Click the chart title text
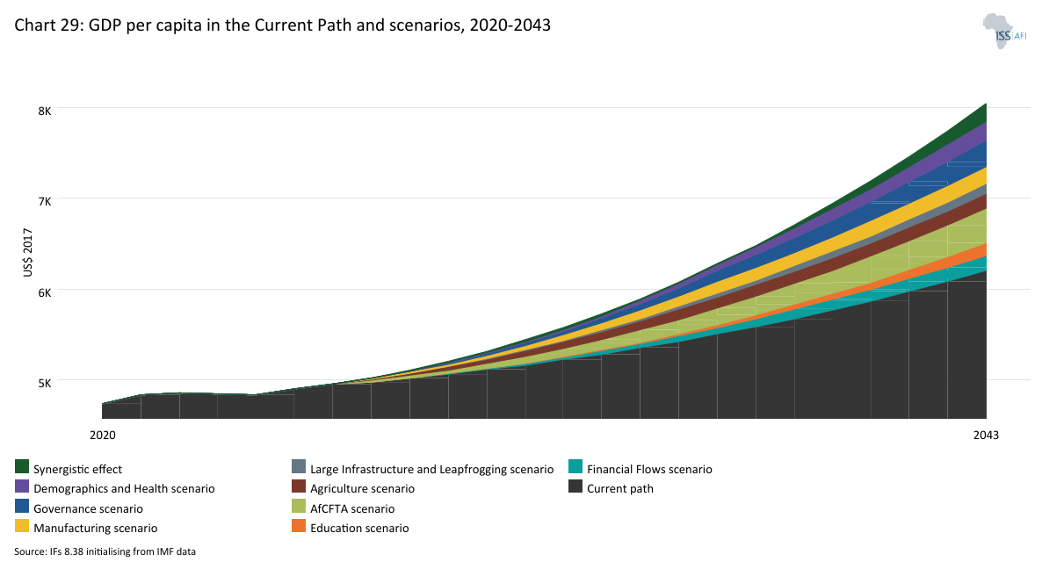tap(282, 25)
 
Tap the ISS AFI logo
tap(1004, 31)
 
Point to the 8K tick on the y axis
tap(44, 111)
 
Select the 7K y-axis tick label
tap(44, 201)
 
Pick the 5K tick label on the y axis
tap(44, 383)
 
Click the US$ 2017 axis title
tap(28, 254)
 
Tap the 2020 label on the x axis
tap(103, 435)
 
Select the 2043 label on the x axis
tap(986, 435)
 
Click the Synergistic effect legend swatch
tap(23, 468)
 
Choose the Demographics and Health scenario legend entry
tap(124, 488)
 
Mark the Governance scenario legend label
tap(88, 508)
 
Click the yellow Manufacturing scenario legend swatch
tap(23, 527)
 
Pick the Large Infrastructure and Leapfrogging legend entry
tap(431, 469)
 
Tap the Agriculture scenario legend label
tap(362, 488)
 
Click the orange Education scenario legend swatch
tap(299, 527)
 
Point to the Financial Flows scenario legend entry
tap(649, 469)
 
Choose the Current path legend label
tap(620, 488)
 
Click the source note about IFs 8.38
tap(117, 551)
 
